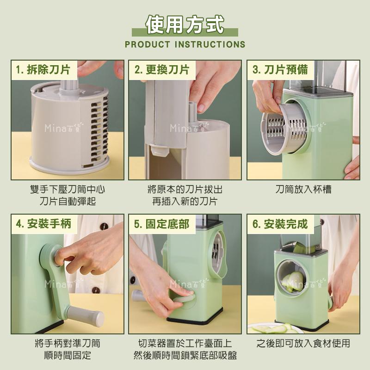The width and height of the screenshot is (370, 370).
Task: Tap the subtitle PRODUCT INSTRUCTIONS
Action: pyautogui.click(x=185, y=44)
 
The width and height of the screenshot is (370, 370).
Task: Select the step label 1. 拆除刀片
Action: pyautogui.click(x=43, y=70)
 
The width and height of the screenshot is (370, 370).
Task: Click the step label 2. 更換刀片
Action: pyautogui.click(x=161, y=70)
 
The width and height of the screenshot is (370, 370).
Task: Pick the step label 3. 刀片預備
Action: pyautogui.click(x=280, y=70)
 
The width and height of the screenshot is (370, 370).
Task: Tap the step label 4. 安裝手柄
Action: pyautogui.click(x=43, y=224)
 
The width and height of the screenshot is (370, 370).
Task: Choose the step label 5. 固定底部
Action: pyautogui.click(x=161, y=224)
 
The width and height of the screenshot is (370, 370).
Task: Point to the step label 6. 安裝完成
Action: pyautogui.click(x=280, y=224)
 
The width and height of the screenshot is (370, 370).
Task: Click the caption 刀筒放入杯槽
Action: pyautogui.click(x=303, y=190)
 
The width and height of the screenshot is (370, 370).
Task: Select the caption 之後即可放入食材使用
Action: pyautogui.click(x=303, y=343)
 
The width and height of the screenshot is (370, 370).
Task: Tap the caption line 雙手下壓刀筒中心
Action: pyautogui.click(x=68, y=190)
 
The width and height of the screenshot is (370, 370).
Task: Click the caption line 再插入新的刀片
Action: pyautogui.click(x=185, y=202)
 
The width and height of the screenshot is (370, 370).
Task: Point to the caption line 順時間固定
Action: pyautogui.click(x=68, y=355)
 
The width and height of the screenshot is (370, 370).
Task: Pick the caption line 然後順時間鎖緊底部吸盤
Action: pyautogui.click(x=185, y=355)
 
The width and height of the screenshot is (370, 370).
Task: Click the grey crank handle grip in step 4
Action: pyautogui.click(x=86, y=315)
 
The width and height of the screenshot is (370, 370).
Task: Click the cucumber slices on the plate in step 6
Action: pyautogui.click(x=273, y=328)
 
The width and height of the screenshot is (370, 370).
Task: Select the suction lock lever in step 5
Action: pyautogui.click(x=185, y=301)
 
